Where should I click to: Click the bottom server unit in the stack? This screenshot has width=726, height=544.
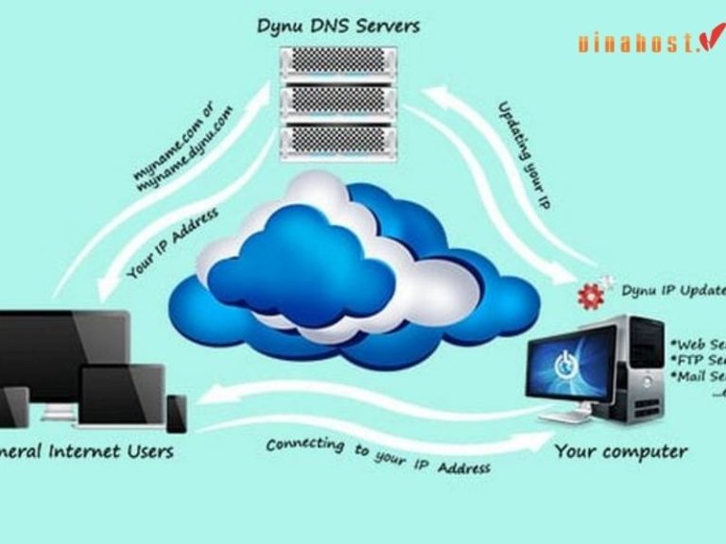(337, 141)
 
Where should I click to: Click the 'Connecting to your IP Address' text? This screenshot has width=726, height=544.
(378, 455)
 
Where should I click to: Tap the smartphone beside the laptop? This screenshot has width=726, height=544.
(177, 413)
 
